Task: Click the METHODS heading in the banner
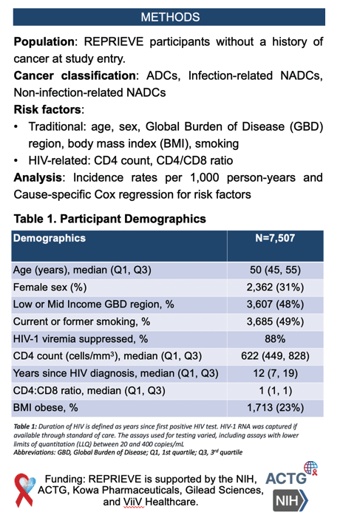170,17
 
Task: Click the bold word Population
44,41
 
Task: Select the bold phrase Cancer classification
75,75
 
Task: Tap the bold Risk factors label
47,109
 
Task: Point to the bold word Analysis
38,177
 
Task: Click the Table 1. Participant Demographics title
109,219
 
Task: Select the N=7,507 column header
275,238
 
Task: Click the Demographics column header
50,238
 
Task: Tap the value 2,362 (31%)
275,287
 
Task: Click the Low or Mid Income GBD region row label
93,304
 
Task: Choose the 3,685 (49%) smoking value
275,321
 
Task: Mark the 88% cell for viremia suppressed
275,339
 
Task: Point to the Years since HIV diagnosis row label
116,373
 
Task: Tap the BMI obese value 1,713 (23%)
275,407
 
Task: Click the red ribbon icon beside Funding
24,491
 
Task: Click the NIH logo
291,500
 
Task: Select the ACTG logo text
286,478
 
